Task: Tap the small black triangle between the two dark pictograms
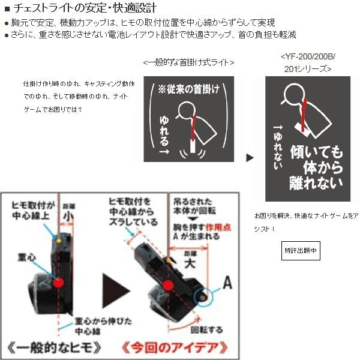pos(250,158)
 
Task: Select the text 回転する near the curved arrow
pos(206,329)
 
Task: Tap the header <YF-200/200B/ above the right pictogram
pos(308,57)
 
